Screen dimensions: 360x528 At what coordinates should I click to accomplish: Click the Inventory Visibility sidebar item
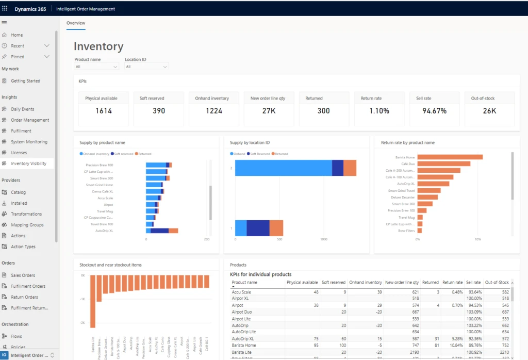pos(28,163)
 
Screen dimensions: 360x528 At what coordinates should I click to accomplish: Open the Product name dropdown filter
pos(96,67)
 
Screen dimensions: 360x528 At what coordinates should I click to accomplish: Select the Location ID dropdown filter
pos(146,67)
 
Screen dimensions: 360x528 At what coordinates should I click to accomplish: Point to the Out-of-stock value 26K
pos(489,111)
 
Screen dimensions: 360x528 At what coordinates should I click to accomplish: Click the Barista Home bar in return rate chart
pos(450,157)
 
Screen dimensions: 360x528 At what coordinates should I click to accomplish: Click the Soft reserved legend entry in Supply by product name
pos(124,154)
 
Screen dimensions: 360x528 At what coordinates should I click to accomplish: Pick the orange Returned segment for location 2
pos(350,168)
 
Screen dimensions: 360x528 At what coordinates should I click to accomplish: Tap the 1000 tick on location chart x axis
pos(324,239)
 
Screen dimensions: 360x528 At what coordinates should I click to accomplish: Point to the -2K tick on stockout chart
pos(82,323)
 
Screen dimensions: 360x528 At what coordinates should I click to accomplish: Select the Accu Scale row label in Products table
pos(242,292)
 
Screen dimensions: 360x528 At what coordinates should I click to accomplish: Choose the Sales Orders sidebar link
pos(23,275)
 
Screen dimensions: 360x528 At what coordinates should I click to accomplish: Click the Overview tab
pos(76,23)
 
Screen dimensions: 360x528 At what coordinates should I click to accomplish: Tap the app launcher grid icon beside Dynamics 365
pos(5,9)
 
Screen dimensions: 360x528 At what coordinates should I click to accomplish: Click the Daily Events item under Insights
pos(22,109)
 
